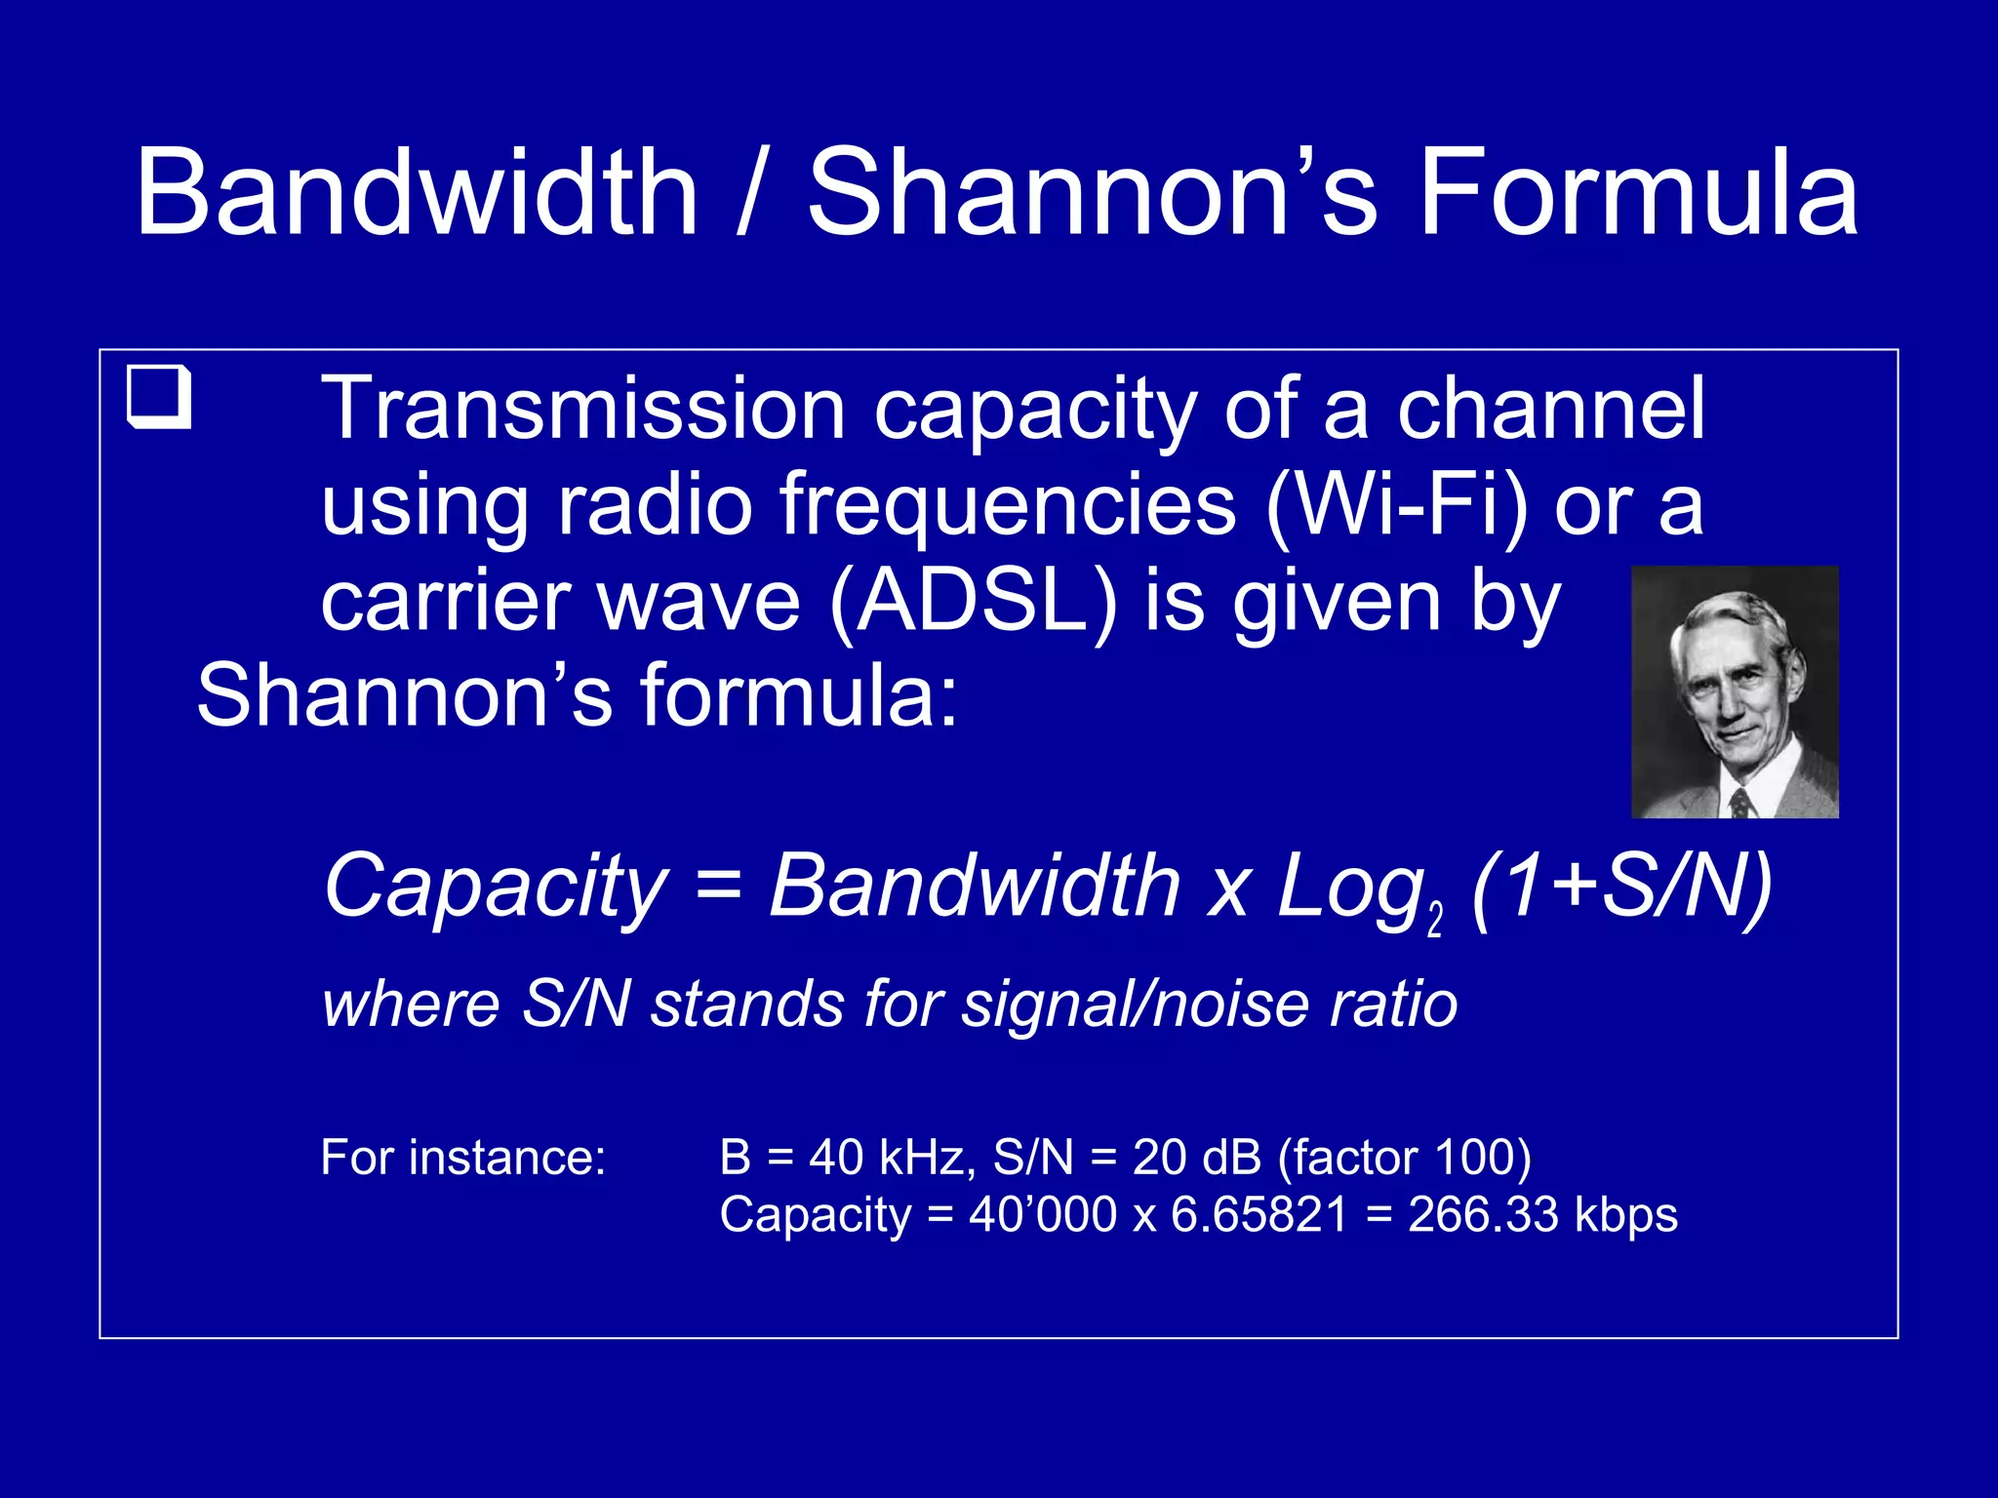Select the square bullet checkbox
click(x=159, y=397)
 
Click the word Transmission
click(x=582, y=410)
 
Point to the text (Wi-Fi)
click(x=1396, y=505)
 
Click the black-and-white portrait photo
click(x=1735, y=691)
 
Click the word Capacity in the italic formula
click(x=496, y=887)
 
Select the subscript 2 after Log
click(x=1434, y=920)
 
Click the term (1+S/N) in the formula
click(x=1620, y=887)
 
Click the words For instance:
click(x=463, y=1158)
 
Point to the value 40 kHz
click(x=892, y=1158)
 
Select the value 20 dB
click(x=1192, y=1158)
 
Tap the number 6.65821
click(x=1259, y=1215)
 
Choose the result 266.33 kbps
click(x=1542, y=1215)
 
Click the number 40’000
click(x=1042, y=1215)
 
